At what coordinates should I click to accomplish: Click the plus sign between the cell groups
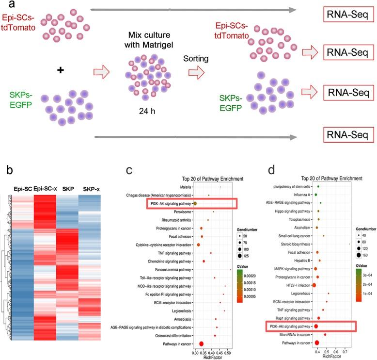(x=61, y=70)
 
